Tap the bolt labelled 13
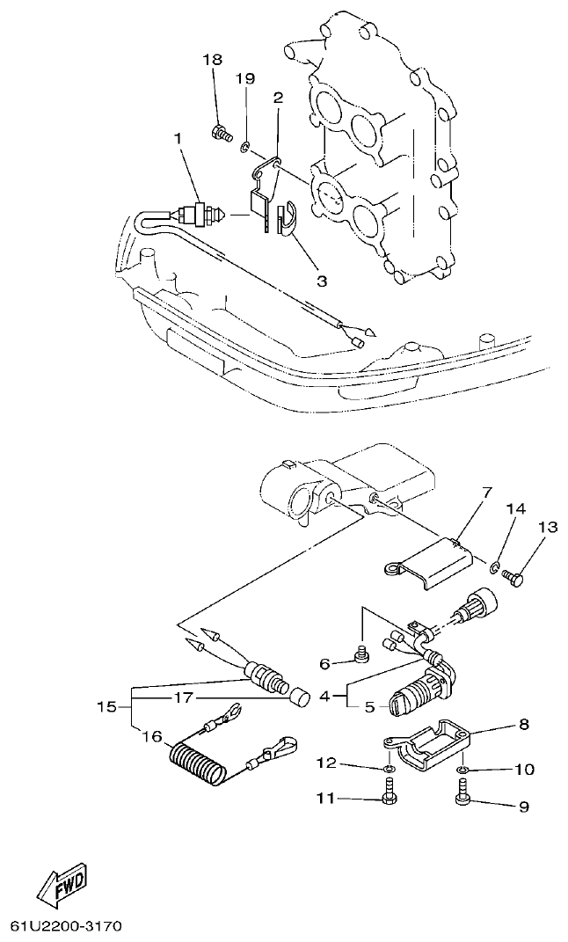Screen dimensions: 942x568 [515, 578]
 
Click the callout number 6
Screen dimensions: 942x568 [324, 664]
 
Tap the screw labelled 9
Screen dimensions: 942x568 [462, 798]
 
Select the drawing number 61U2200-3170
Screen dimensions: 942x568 [67, 927]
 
